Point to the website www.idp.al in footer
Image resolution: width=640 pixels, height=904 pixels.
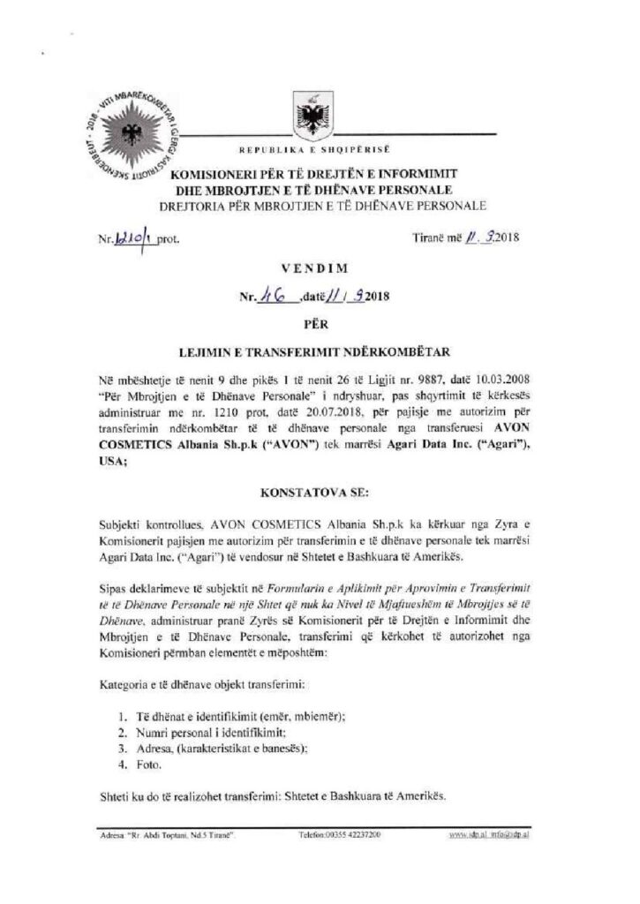tap(467, 833)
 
